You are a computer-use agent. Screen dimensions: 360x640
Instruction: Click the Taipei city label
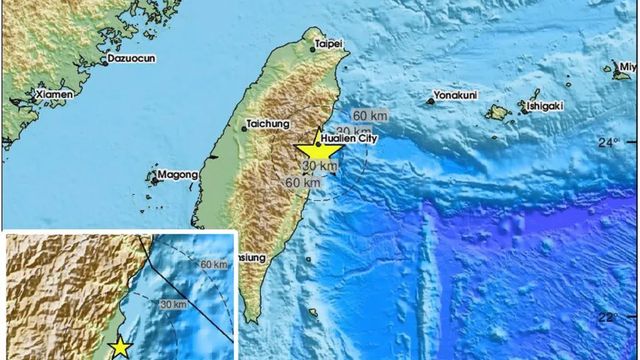pyautogui.click(x=329, y=44)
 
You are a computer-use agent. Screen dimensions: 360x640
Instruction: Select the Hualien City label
pyautogui.click(x=349, y=140)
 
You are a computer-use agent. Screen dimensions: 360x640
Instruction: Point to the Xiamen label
pyautogui.click(x=54, y=95)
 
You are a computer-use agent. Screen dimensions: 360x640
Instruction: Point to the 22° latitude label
pyautogui.click(x=608, y=317)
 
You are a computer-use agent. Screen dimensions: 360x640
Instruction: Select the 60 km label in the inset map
pyautogui.click(x=214, y=264)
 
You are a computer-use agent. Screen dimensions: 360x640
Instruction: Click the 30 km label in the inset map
pyautogui.click(x=173, y=304)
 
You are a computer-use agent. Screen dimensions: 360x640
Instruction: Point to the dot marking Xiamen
pyautogui.click(x=34, y=98)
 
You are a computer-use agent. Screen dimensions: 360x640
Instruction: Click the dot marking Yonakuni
pyautogui.click(x=430, y=99)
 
